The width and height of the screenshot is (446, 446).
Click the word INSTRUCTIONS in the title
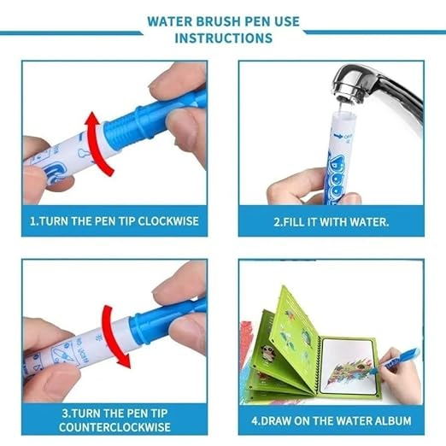point(223,38)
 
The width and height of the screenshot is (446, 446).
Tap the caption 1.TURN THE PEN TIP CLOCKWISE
point(114,221)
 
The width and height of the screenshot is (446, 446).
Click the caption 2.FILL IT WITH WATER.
point(331,221)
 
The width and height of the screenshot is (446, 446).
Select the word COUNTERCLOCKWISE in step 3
point(114,427)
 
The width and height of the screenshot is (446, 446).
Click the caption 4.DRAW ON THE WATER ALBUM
point(331,420)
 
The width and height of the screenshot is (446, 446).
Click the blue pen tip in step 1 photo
point(171,114)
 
